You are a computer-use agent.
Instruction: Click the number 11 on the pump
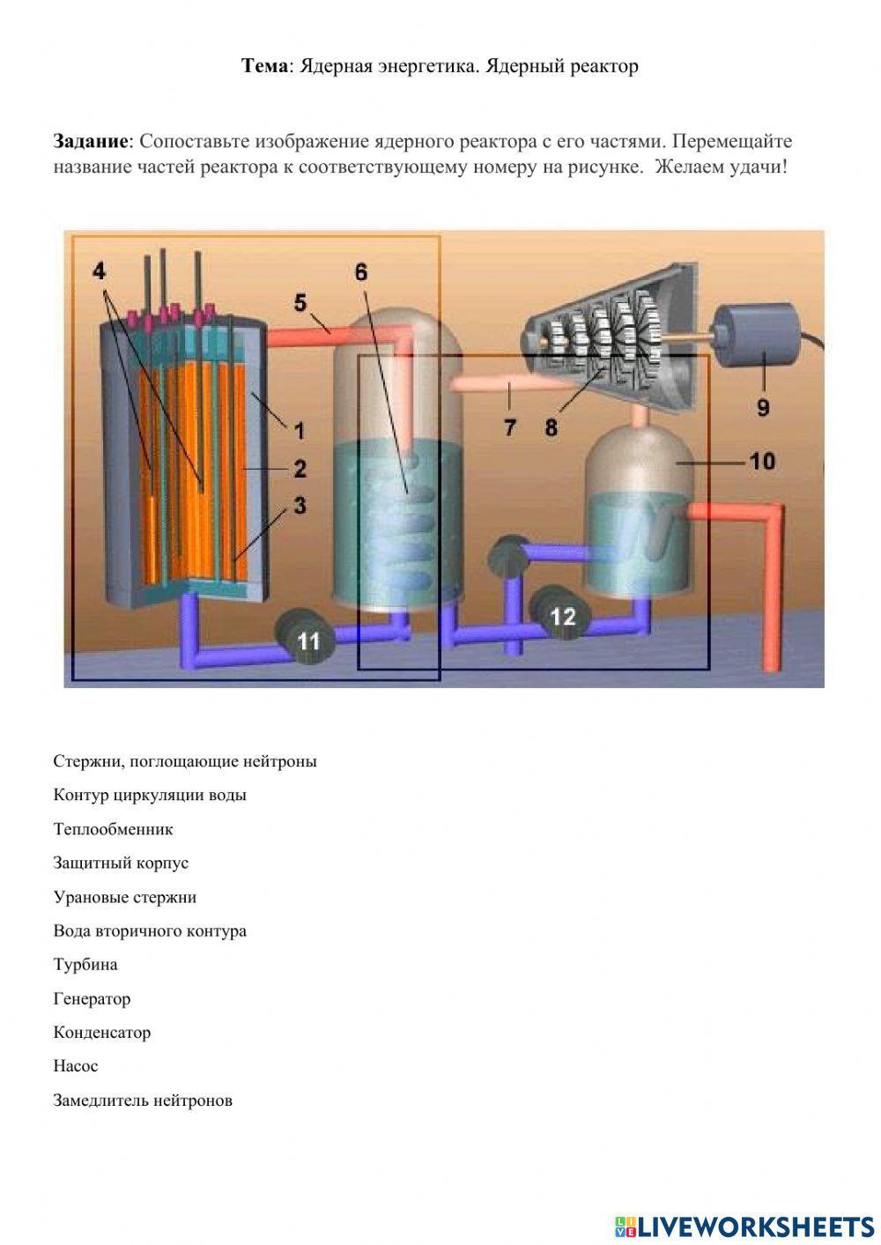(308, 641)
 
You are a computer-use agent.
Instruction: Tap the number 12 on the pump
(563, 616)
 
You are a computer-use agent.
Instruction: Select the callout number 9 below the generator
(763, 407)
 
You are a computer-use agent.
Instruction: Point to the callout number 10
(762, 460)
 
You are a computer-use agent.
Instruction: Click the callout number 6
(361, 271)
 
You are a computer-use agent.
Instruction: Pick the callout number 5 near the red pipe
(300, 302)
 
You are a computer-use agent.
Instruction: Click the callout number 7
(510, 428)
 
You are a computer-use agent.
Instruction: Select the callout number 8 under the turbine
(551, 428)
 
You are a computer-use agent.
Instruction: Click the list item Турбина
(85, 965)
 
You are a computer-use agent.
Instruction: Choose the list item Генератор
(92, 998)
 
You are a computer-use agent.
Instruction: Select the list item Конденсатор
(101, 1033)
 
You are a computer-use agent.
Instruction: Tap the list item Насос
(76, 1066)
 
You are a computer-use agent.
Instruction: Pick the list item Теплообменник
(113, 829)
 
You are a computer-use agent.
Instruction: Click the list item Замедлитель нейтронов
(143, 1100)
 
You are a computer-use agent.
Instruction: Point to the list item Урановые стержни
(124, 897)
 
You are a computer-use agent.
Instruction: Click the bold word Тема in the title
(265, 66)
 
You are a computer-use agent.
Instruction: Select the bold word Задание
(91, 141)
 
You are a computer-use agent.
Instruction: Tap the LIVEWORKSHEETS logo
(744, 1225)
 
